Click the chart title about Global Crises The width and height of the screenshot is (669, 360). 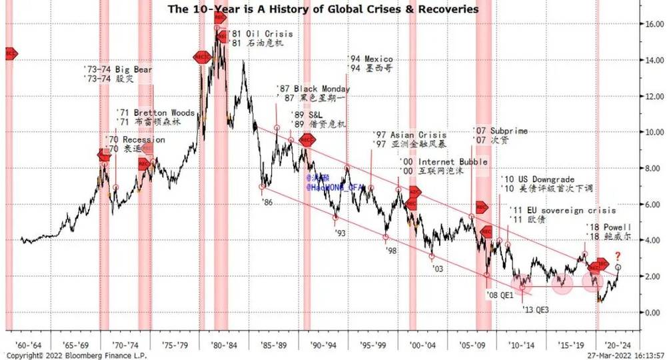323,9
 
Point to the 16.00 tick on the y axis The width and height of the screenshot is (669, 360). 650,23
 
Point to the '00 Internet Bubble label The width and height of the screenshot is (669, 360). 444,162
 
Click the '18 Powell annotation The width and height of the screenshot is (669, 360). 607,227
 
